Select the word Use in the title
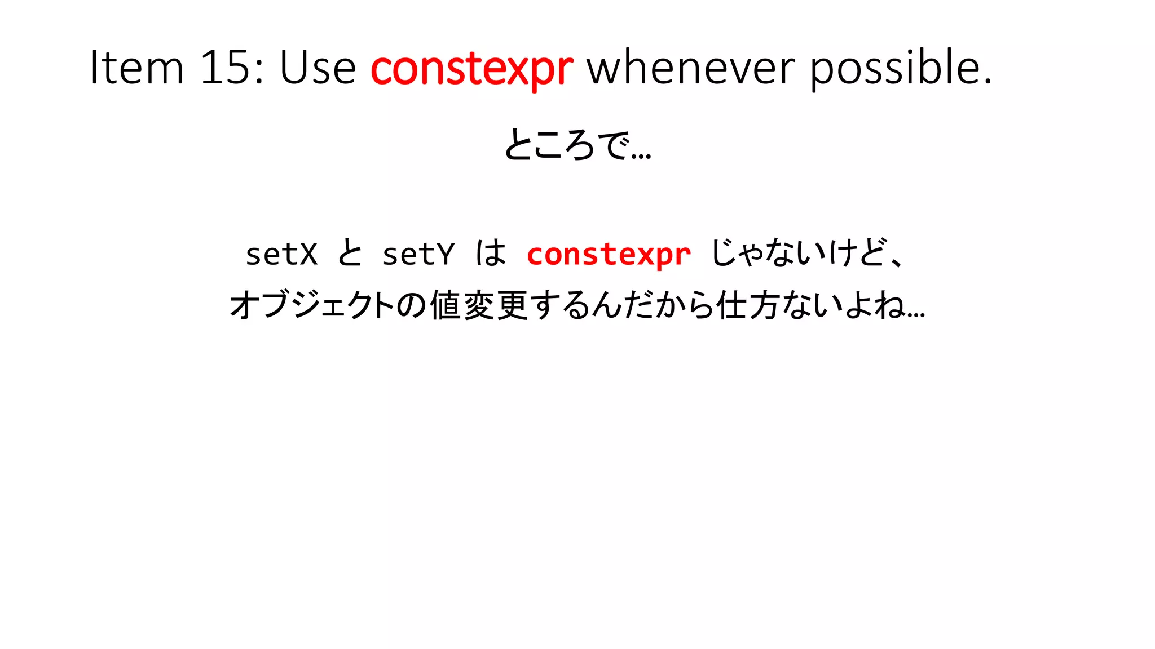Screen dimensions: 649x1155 point(318,68)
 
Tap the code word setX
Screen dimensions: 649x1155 point(281,254)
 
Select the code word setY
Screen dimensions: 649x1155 point(418,254)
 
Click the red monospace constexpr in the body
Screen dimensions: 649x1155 point(609,254)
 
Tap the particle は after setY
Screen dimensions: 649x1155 point(490,253)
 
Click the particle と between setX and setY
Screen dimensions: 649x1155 point(350,253)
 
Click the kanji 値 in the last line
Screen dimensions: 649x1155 point(446,305)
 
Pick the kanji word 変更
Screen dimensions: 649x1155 point(496,305)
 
